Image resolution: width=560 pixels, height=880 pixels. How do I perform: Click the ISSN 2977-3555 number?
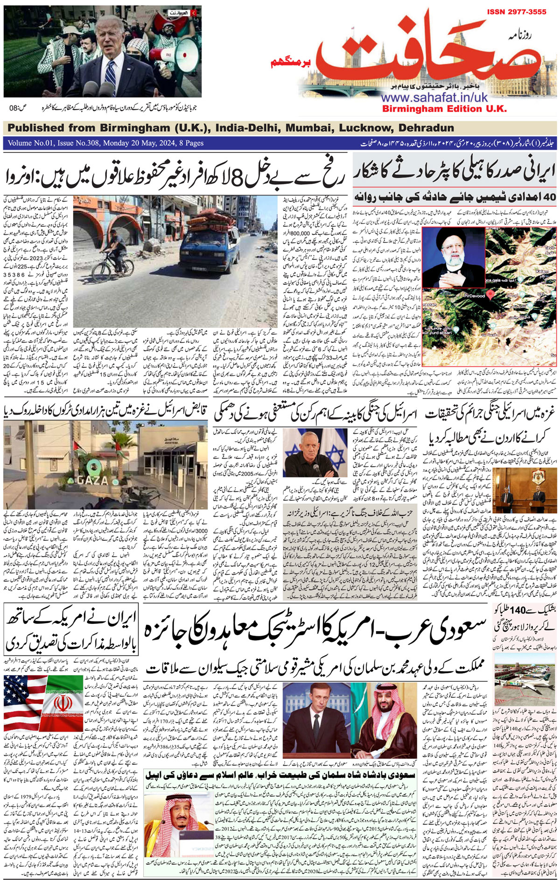click(517, 12)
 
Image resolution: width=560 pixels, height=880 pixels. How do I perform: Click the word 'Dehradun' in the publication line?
click(427, 128)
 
